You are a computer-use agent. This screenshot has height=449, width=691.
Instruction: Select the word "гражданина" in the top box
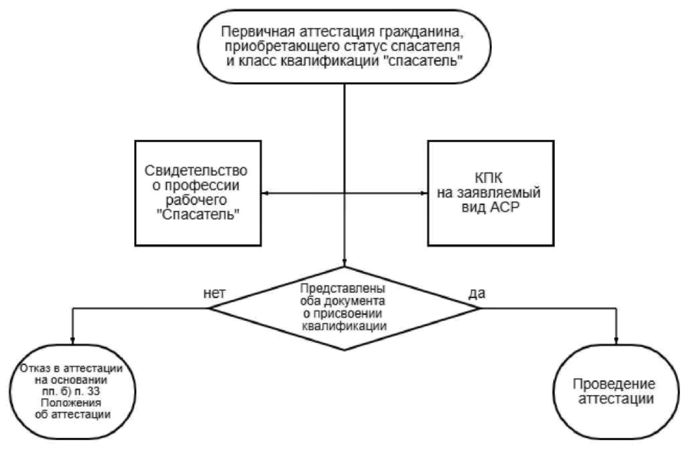pos(424,32)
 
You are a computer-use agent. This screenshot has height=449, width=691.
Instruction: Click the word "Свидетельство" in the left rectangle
pos(196,171)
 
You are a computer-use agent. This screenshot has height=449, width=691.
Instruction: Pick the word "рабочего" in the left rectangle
pos(196,200)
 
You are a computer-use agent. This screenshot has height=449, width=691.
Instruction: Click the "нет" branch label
pos(214,293)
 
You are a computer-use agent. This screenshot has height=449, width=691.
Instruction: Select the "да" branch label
pos(477,293)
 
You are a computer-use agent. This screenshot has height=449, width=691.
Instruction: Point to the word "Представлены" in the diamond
pos(343,288)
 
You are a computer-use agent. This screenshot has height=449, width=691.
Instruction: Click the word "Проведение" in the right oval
pos(614,384)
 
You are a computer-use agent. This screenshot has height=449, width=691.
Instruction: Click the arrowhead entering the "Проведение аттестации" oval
pos(616,341)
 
